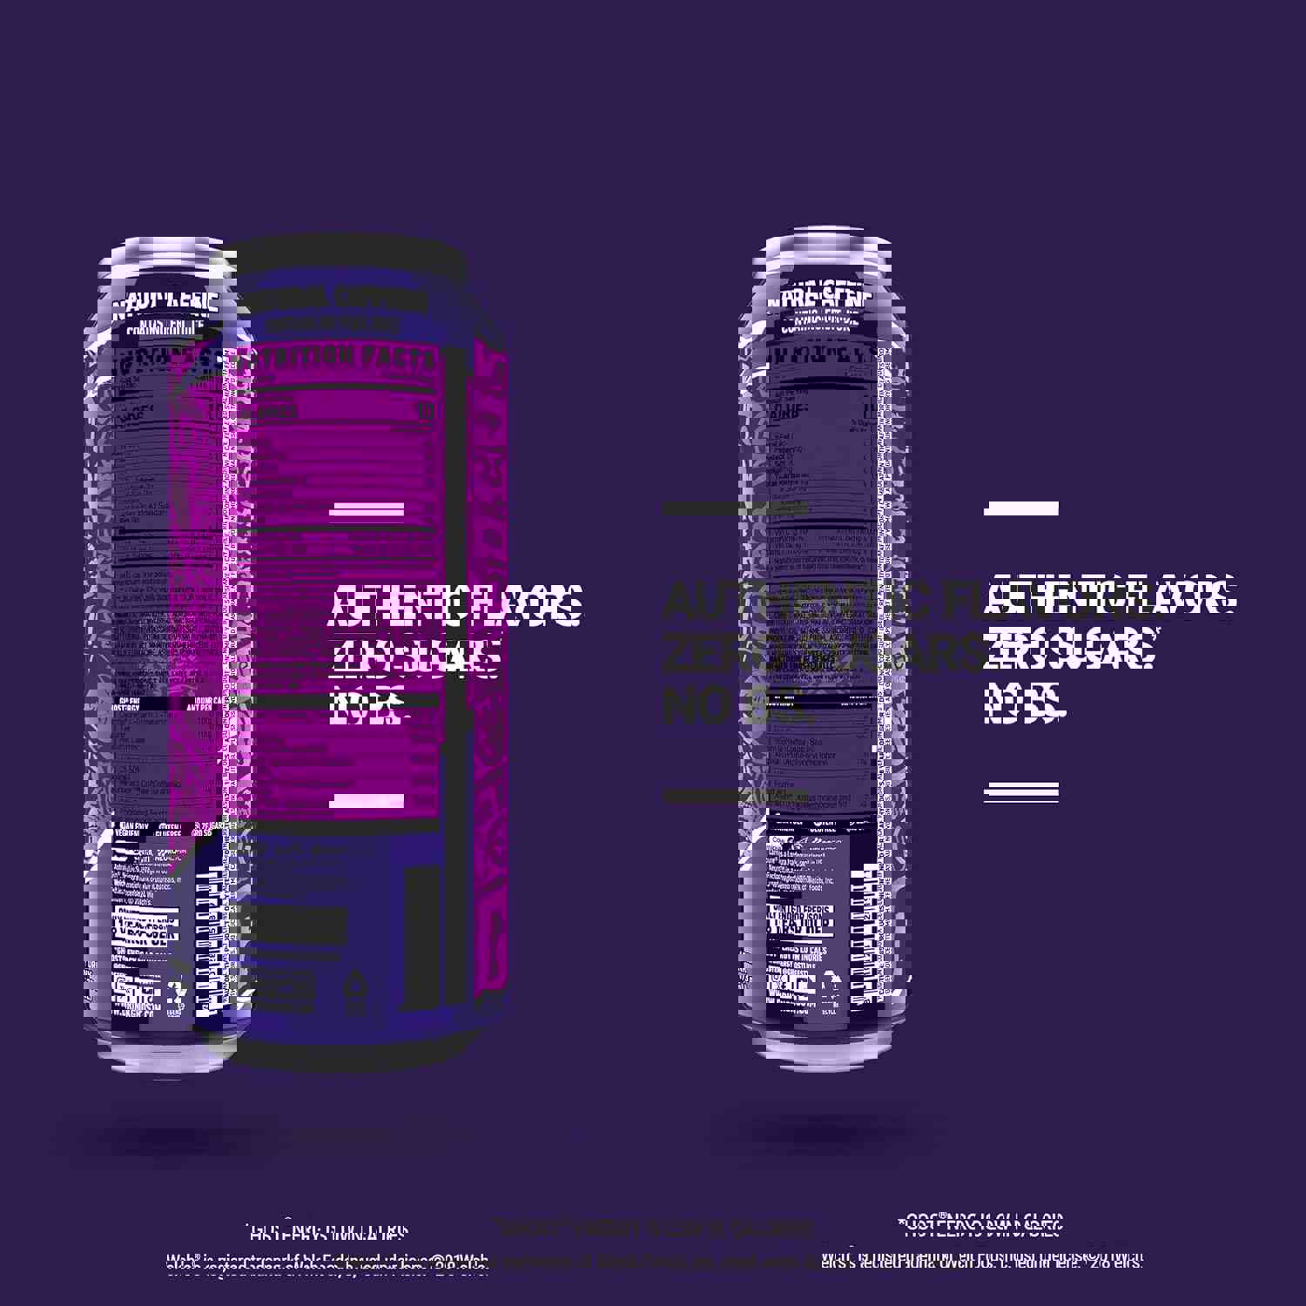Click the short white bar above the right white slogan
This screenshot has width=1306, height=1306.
[1020, 508]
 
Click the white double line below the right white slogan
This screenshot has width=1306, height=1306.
[1020, 791]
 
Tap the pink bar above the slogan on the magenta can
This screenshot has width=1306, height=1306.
[367, 509]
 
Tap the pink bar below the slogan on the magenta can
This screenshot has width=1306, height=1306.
[367, 801]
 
